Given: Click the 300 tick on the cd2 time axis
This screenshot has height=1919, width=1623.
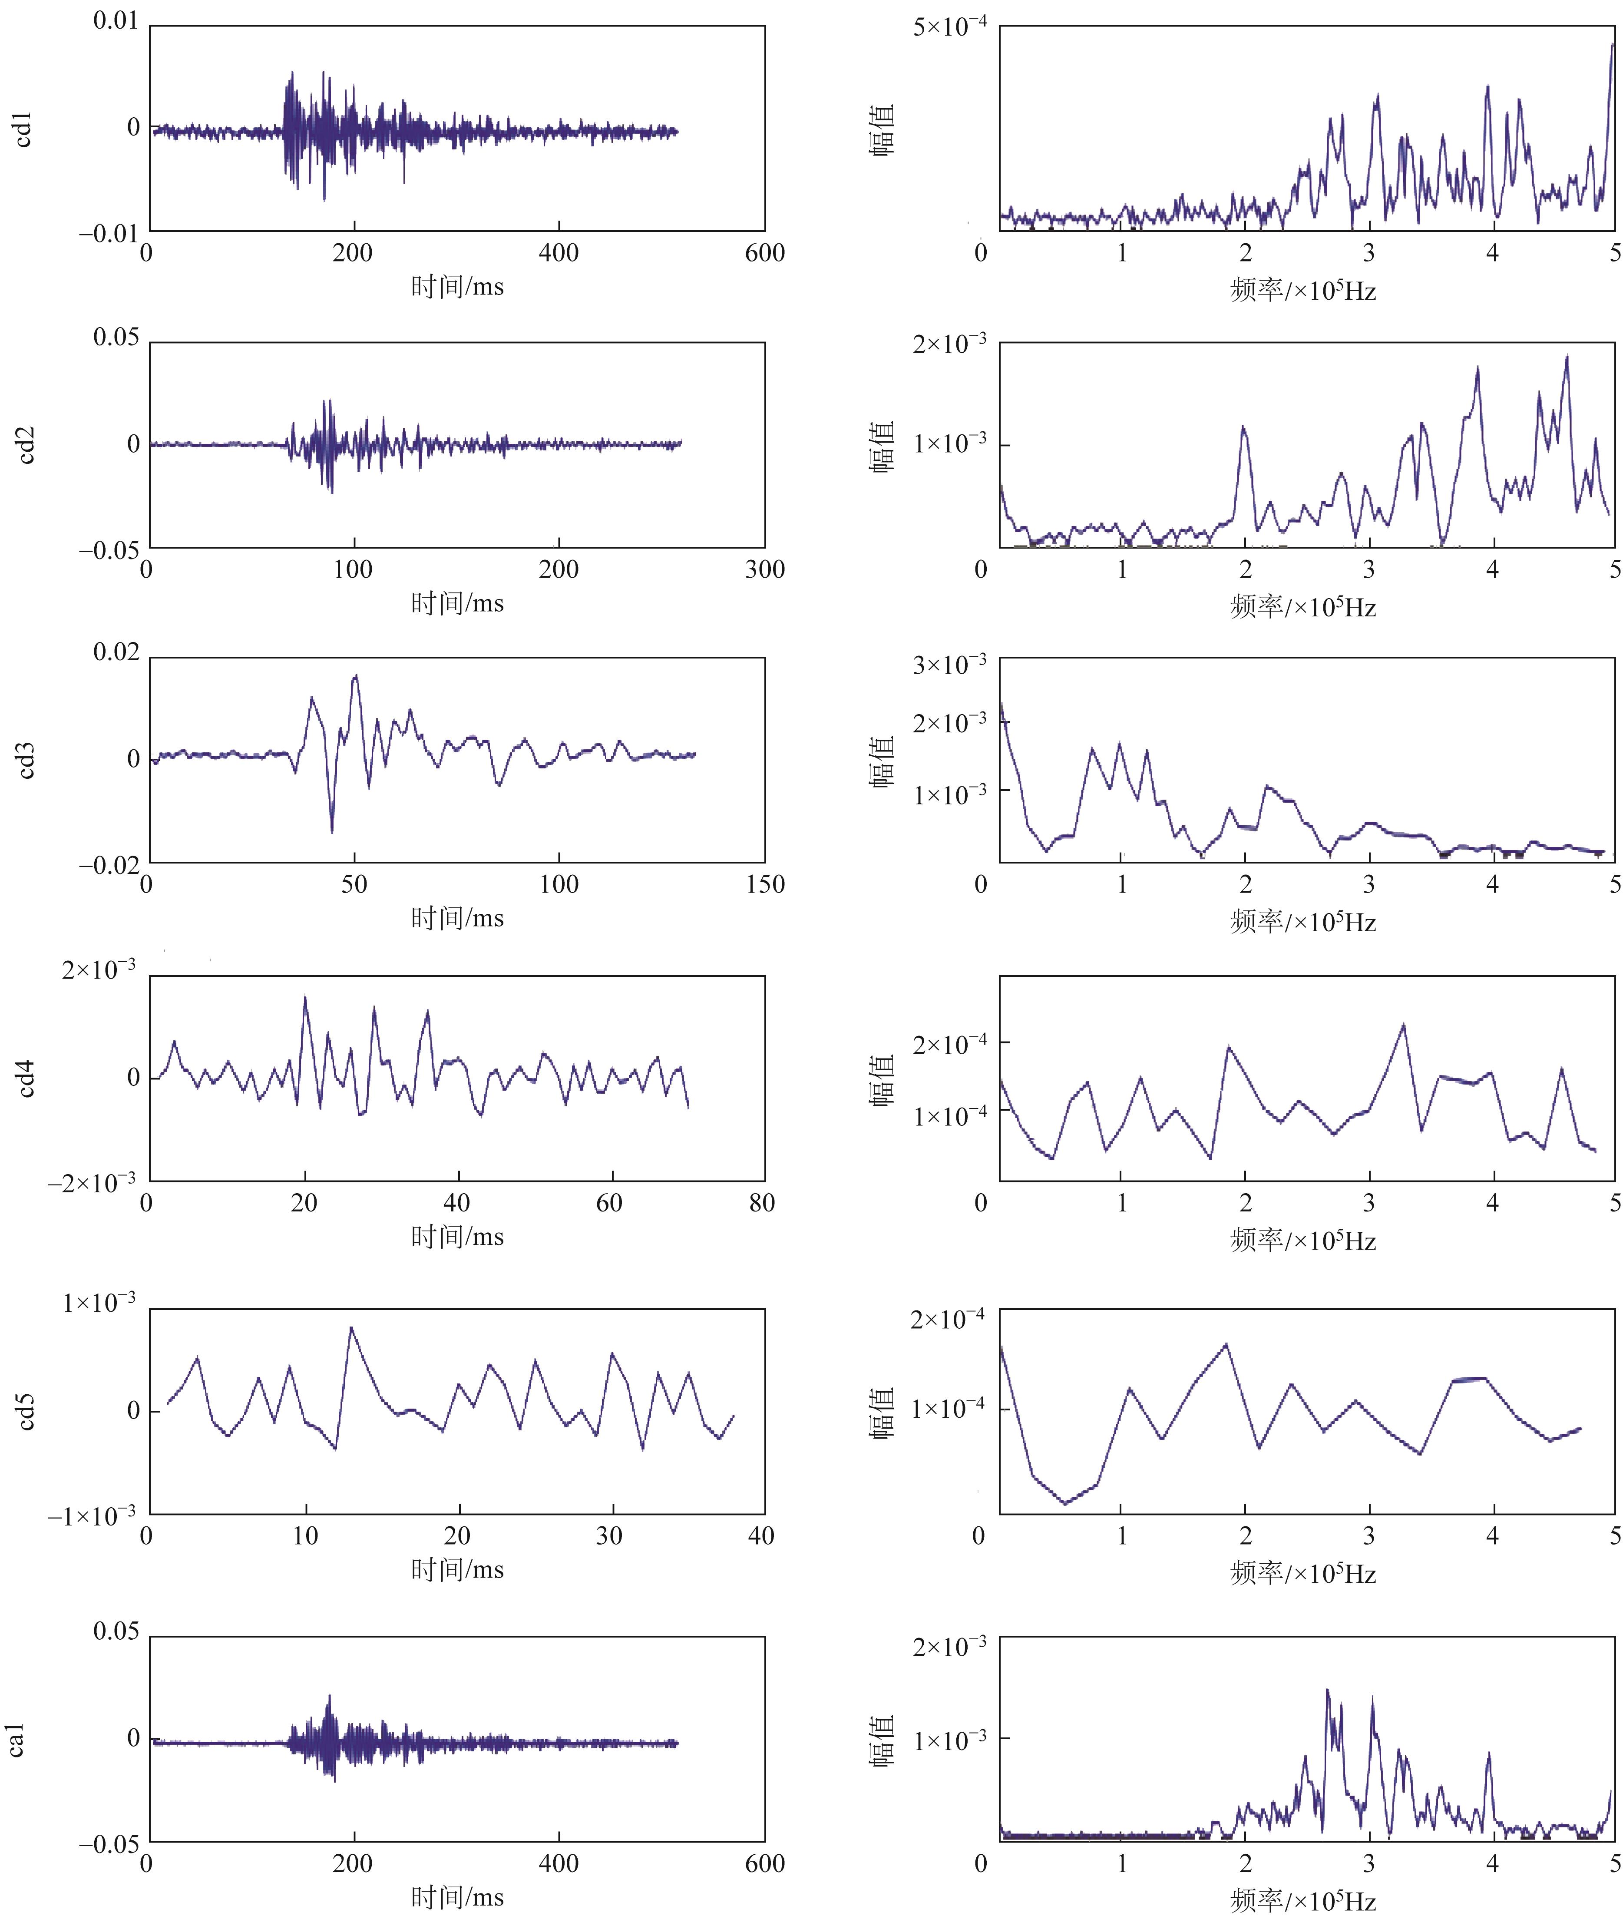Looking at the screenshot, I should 764,569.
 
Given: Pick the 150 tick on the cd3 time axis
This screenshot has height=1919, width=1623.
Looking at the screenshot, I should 764,885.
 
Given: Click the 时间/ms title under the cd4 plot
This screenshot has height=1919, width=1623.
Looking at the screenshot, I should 457,1236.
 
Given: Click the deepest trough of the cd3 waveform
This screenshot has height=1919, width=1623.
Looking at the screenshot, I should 332,833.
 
